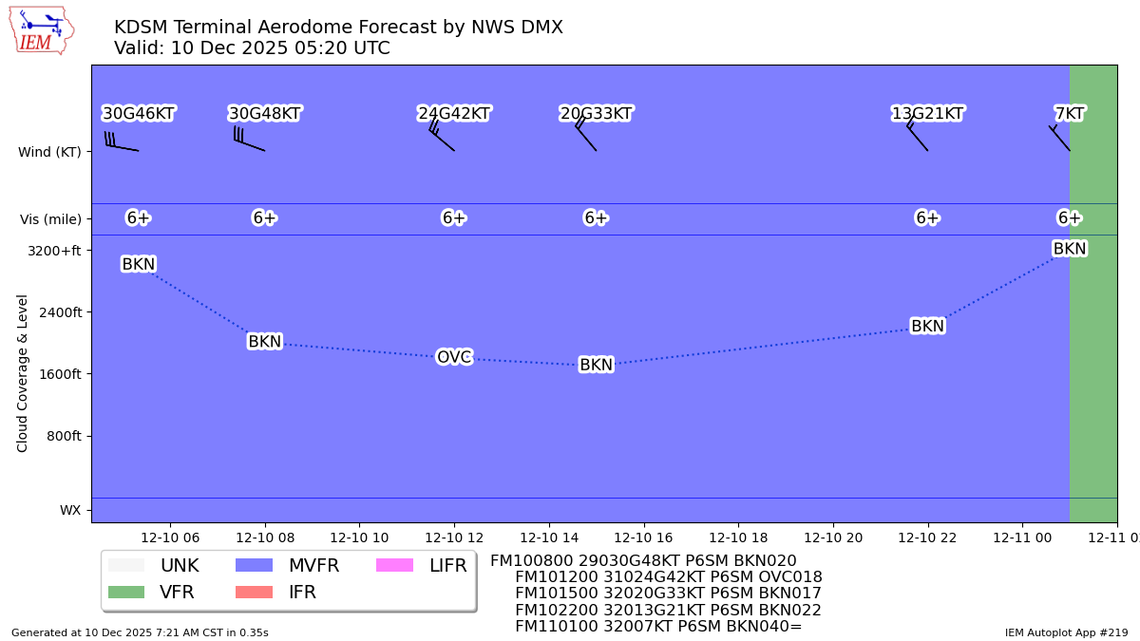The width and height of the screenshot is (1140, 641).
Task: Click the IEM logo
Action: tap(41, 30)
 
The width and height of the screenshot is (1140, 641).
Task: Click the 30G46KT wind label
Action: tap(139, 114)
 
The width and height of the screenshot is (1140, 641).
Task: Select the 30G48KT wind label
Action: tap(264, 114)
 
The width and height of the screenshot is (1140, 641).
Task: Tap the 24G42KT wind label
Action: tap(454, 114)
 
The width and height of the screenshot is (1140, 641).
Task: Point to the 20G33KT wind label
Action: tap(596, 114)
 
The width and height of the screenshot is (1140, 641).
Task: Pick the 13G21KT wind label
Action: tap(927, 114)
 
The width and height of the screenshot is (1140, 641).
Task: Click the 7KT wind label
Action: tap(1070, 114)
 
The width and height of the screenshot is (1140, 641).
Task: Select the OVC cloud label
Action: tap(454, 357)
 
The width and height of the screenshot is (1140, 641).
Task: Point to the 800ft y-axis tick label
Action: tap(64, 436)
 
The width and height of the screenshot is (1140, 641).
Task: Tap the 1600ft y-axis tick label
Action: tap(60, 374)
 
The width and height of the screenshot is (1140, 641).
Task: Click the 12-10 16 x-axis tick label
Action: tap(643, 537)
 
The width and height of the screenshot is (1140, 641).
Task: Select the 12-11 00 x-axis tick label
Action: tap(1022, 537)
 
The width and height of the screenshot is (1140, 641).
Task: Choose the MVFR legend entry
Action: tap(286, 566)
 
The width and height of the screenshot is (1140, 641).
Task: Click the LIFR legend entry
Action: tap(421, 566)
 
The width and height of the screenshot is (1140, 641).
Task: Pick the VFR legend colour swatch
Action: tap(126, 593)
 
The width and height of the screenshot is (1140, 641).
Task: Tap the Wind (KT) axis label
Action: tap(49, 152)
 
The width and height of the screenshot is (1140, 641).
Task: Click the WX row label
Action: tap(70, 510)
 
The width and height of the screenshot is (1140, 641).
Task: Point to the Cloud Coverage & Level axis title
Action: tap(22, 373)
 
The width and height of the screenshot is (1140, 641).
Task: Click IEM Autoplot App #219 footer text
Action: tap(1066, 632)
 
